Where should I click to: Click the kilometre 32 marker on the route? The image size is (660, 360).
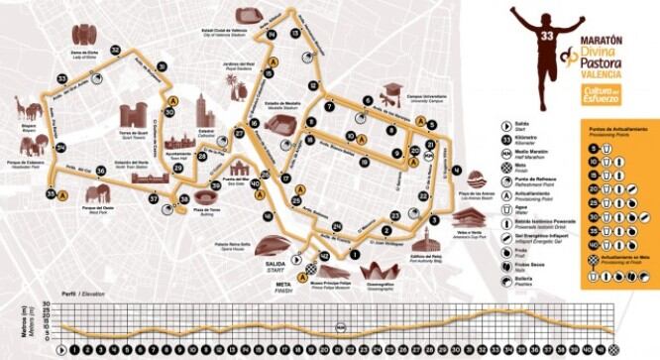pos(116,50)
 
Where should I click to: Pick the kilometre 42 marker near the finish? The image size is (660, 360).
pos(324,256)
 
